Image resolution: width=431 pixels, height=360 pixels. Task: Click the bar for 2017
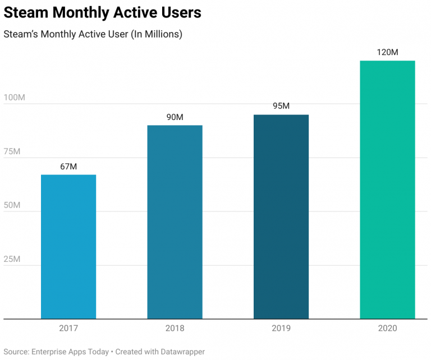click(x=68, y=247)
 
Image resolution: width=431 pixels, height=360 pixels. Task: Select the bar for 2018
click(x=175, y=222)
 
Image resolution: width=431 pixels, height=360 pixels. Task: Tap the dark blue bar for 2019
click(x=281, y=216)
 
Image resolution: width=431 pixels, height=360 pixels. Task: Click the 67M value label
click(x=68, y=167)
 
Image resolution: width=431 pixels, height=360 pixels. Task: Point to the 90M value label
click(x=175, y=117)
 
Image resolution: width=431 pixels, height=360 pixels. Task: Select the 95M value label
click(x=281, y=107)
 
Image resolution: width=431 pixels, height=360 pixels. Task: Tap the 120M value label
click(x=387, y=52)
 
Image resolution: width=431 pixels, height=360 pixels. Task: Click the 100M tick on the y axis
click(x=14, y=98)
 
